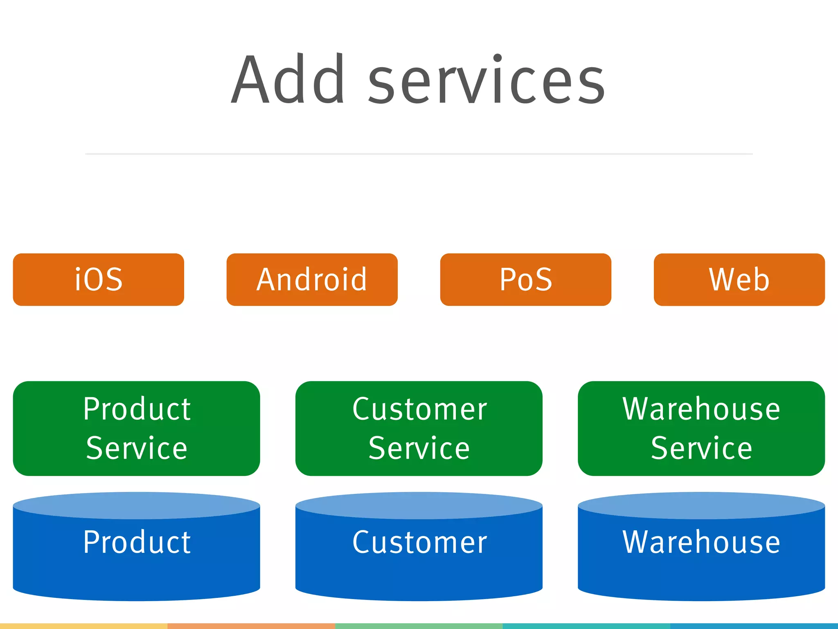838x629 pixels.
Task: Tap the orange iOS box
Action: pyautogui.click(x=99, y=280)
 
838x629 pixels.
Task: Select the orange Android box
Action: pyautogui.click(x=312, y=280)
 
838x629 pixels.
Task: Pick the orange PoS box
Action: pyautogui.click(x=525, y=280)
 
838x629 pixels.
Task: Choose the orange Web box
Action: pyautogui.click(x=739, y=280)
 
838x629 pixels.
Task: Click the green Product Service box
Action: pyautogui.click(x=136, y=428)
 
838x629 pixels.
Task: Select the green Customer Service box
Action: pyautogui.click(x=419, y=428)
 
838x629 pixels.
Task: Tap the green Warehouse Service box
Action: pyautogui.click(x=701, y=428)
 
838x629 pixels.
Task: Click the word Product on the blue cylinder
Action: pyautogui.click(x=137, y=542)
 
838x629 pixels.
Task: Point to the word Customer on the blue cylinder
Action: pyautogui.click(x=419, y=542)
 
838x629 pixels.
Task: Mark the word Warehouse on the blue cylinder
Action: pyautogui.click(x=701, y=542)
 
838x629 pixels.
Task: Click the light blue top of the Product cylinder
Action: pyautogui.click(x=136, y=505)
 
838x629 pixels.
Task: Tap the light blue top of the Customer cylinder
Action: pyautogui.click(x=419, y=505)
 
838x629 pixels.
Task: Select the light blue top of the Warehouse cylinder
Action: pyautogui.click(x=701, y=505)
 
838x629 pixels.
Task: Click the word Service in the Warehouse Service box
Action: pyautogui.click(x=701, y=448)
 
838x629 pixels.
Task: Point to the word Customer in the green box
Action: pyautogui.click(x=419, y=409)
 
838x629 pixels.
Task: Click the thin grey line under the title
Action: pyautogui.click(x=419, y=154)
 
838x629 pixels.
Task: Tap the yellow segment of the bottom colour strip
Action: pyautogui.click(x=83, y=626)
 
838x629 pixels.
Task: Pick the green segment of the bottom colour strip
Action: pyautogui.click(x=419, y=626)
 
